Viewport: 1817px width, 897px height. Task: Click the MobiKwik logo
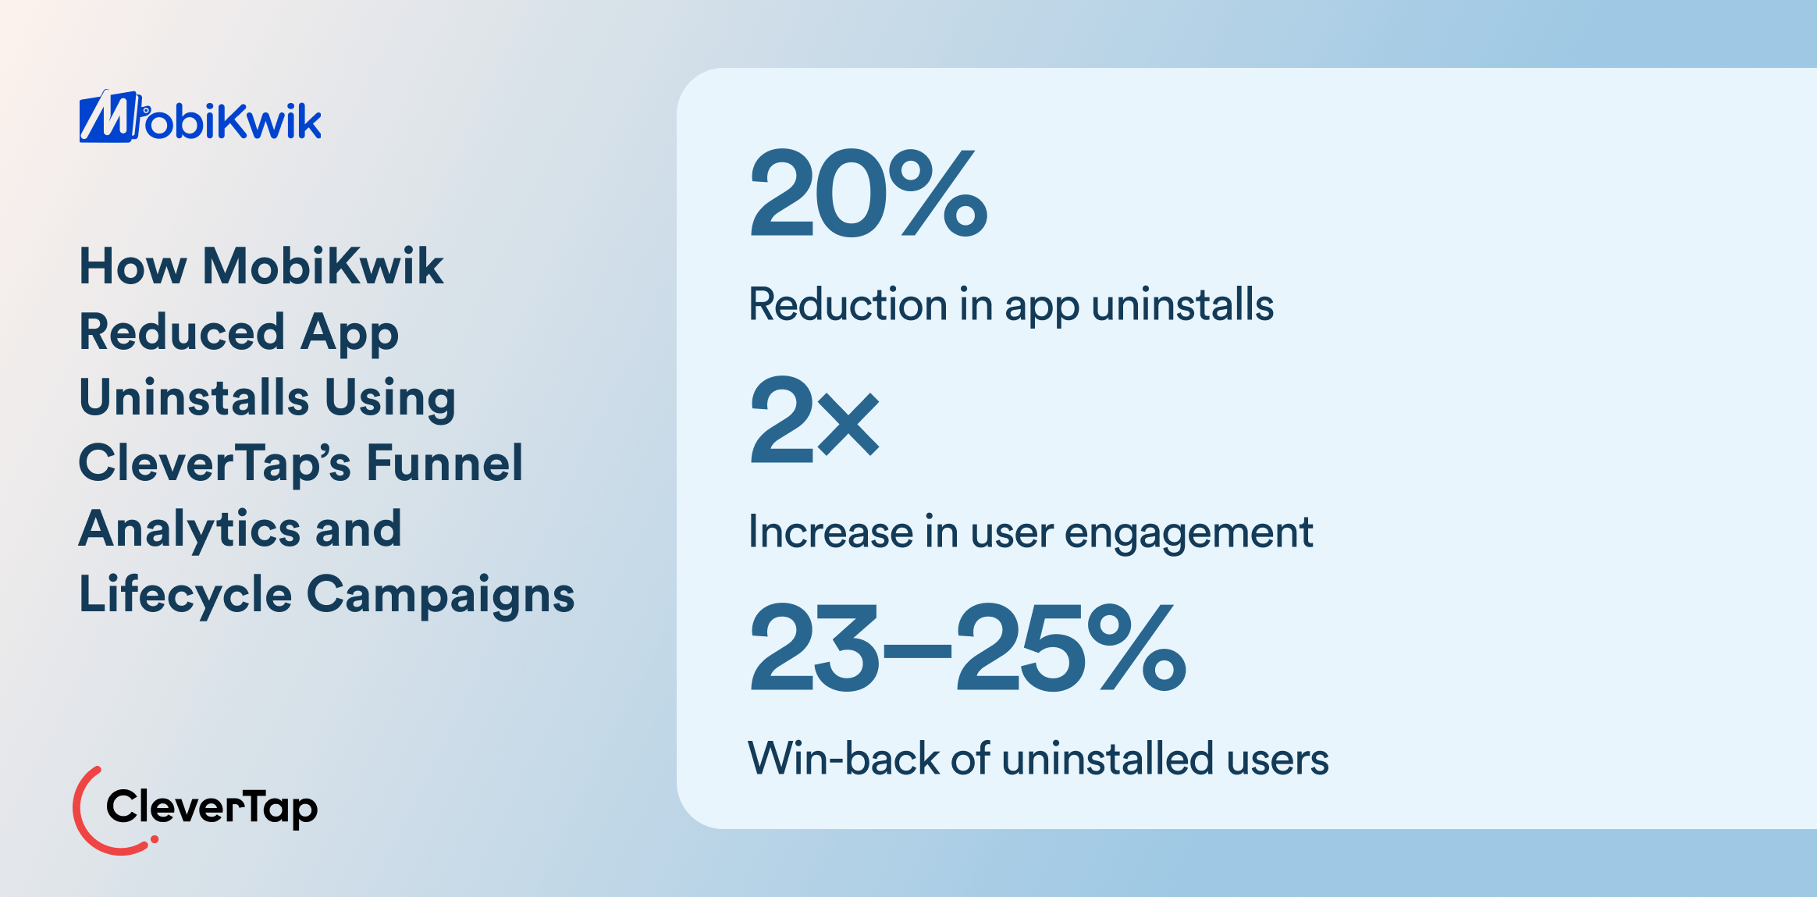pyautogui.click(x=200, y=118)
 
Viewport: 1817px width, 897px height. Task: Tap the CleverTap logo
pyautogui.click(x=195, y=809)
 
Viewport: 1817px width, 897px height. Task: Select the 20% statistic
pyautogui.click(x=868, y=194)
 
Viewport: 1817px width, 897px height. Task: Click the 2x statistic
pyautogui.click(x=814, y=420)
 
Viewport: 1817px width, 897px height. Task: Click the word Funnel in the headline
pyautogui.click(x=444, y=463)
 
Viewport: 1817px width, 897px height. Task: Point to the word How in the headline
pyautogui.click(x=133, y=266)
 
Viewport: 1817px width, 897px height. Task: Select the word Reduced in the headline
pyautogui.click(x=182, y=332)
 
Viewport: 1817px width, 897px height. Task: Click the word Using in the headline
pyautogui.click(x=389, y=398)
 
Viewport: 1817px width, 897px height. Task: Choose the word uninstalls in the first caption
pyautogui.click(x=1182, y=304)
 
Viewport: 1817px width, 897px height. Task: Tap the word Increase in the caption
pyautogui.click(x=830, y=532)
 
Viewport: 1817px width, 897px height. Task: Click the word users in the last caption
pyautogui.click(x=1277, y=759)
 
